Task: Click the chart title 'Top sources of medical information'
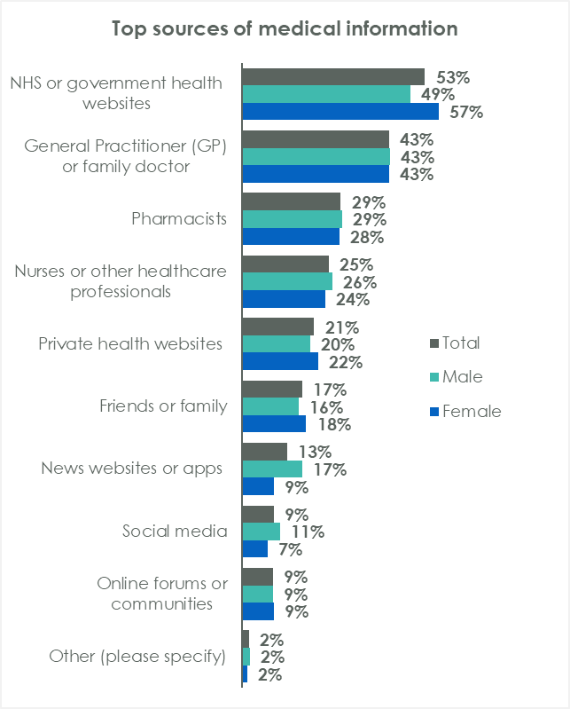click(285, 28)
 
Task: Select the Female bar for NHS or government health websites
click(340, 112)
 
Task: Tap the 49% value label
click(438, 95)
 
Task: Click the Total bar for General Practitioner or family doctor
click(315, 139)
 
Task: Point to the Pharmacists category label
click(180, 218)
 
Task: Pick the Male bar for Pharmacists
click(292, 219)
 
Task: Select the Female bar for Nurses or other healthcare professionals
click(284, 299)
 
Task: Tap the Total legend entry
click(454, 343)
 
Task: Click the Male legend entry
click(456, 377)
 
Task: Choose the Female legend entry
click(465, 411)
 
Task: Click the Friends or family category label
click(163, 406)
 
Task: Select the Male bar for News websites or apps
click(271, 469)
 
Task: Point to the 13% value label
click(315, 452)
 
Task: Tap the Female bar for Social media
click(254, 549)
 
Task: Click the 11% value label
click(307, 532)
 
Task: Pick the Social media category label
click(175, 532)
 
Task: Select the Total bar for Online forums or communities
click(257, 577)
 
